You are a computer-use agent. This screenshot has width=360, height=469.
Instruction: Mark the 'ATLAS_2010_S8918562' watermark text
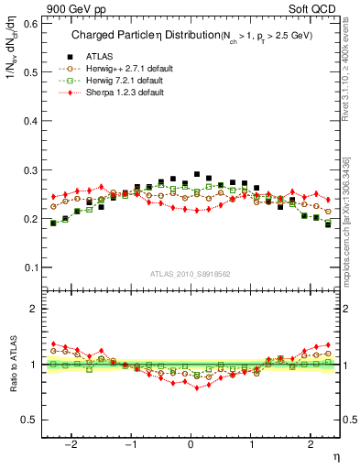[x=190, y=274]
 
